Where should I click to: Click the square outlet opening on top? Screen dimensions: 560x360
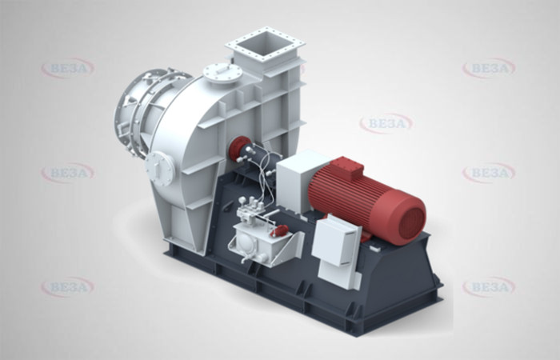(x=265, y=43)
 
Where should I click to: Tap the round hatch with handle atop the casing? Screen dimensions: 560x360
(x=222, y=74)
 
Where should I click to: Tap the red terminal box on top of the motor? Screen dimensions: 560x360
(x=346, y=167)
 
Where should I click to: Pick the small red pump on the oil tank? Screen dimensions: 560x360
(x=280, y=230)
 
